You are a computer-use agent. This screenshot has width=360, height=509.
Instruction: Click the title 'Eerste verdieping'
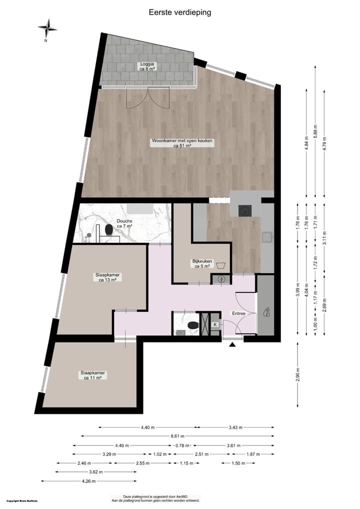tap(180, 12)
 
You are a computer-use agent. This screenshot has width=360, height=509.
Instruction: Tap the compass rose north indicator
tap(47, 29)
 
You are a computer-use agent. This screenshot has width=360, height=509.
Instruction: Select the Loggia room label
tap(147, 66)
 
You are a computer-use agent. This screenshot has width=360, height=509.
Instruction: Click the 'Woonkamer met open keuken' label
tap(182, 143)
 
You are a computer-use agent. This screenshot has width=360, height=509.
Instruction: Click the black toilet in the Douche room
tap(108, 229)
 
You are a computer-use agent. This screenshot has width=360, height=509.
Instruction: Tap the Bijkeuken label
tap(202, 263)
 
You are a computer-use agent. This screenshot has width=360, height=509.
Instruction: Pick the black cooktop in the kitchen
tap(245, 210)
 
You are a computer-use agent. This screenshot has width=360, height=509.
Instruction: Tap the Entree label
tap(238, 313)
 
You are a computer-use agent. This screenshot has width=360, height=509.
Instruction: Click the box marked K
tap(215, 325)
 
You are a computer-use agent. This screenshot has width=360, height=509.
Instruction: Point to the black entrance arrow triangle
tap(232, 344)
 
